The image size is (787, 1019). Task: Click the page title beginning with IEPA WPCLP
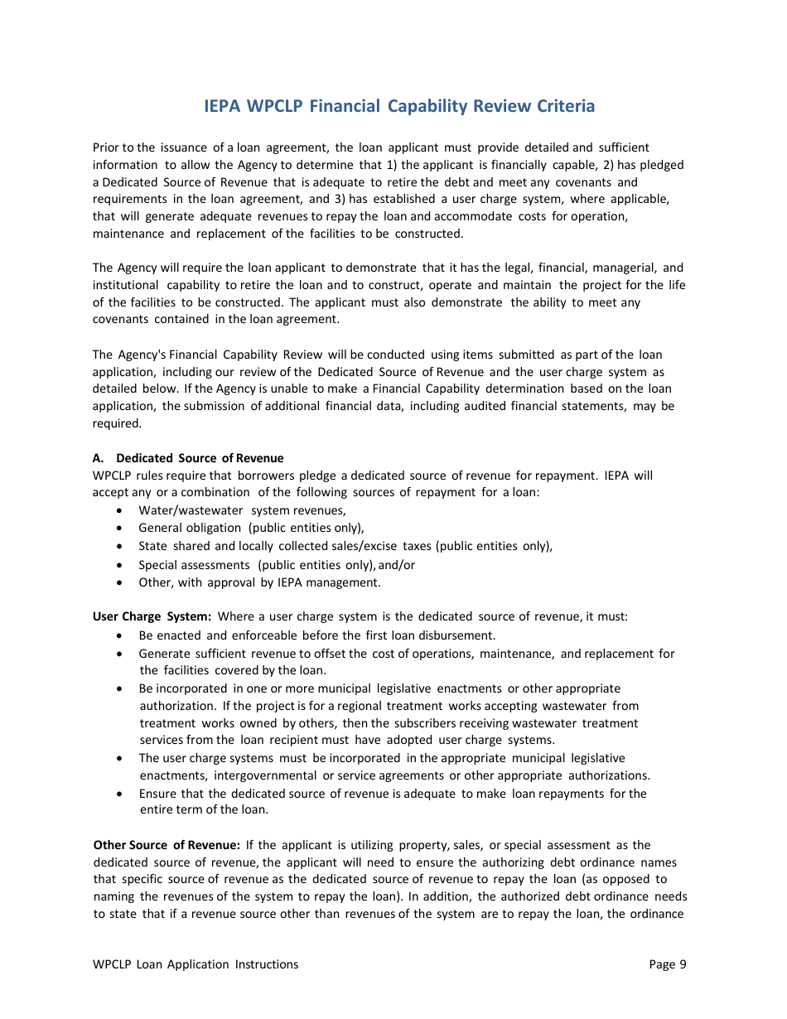(398, 106)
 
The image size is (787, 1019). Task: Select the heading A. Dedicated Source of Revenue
(188, 458)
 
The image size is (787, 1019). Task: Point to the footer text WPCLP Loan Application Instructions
(196, 964)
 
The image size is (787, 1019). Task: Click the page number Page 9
(668, 964)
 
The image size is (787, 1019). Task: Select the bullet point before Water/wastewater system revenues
(121, 511)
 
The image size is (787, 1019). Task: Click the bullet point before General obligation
(121, 529)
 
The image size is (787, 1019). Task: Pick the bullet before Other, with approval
(121, 582)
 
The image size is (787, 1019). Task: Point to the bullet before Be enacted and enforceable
(121, 636)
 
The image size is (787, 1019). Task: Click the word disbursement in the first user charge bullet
(459, 636)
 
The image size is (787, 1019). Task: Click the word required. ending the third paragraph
(116, 423)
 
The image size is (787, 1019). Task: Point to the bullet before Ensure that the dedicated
(121, 794)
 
